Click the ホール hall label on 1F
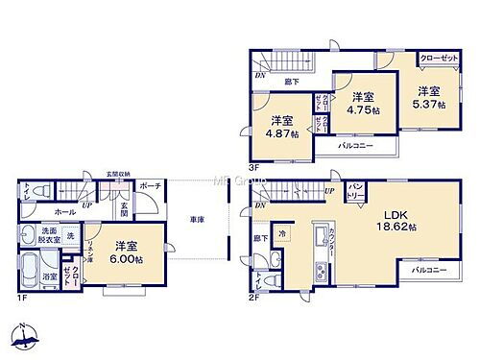[38, 211]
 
